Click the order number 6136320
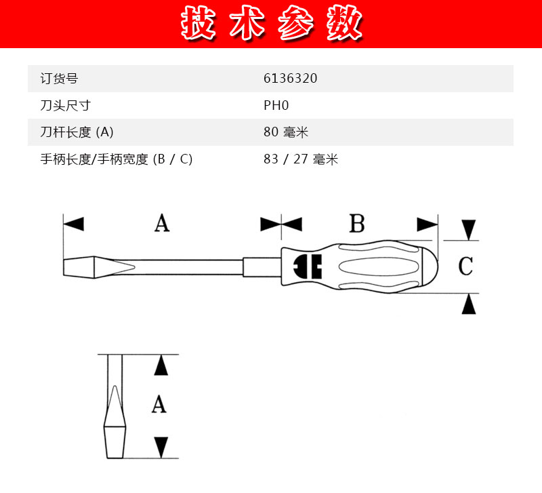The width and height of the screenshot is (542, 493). (x=290, y=78)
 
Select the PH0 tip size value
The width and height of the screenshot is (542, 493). (x=276, y=105)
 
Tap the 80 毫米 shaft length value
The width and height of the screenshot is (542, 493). (x=285, y=132)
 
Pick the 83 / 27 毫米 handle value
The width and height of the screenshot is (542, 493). (x=301, y=159)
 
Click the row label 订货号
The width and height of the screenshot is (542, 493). (x=59, y=79)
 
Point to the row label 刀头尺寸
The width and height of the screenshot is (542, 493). (x=65, y=106)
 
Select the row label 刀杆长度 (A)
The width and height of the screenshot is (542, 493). (x=77, y=132)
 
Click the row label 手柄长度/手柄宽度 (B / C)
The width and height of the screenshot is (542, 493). (x=116, y=159)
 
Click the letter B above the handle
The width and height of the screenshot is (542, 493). (x=357, y=224)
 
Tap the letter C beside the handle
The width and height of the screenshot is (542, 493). (x=465, y=266)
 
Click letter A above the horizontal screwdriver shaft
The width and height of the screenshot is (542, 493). (x=162, y=223)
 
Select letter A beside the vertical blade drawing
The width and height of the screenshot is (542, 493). (x=159, y=404)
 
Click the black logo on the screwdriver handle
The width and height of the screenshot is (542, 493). (x=308, y=267)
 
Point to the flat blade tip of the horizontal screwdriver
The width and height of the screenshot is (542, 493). (x=79, y=267)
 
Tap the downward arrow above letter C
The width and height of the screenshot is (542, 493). (x=469, y=230)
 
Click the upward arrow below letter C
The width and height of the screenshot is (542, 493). (x=469, y=304)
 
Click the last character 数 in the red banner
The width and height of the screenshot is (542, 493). (x=344, y=23)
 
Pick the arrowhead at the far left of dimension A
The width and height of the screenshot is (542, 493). (x=74, y=224)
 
